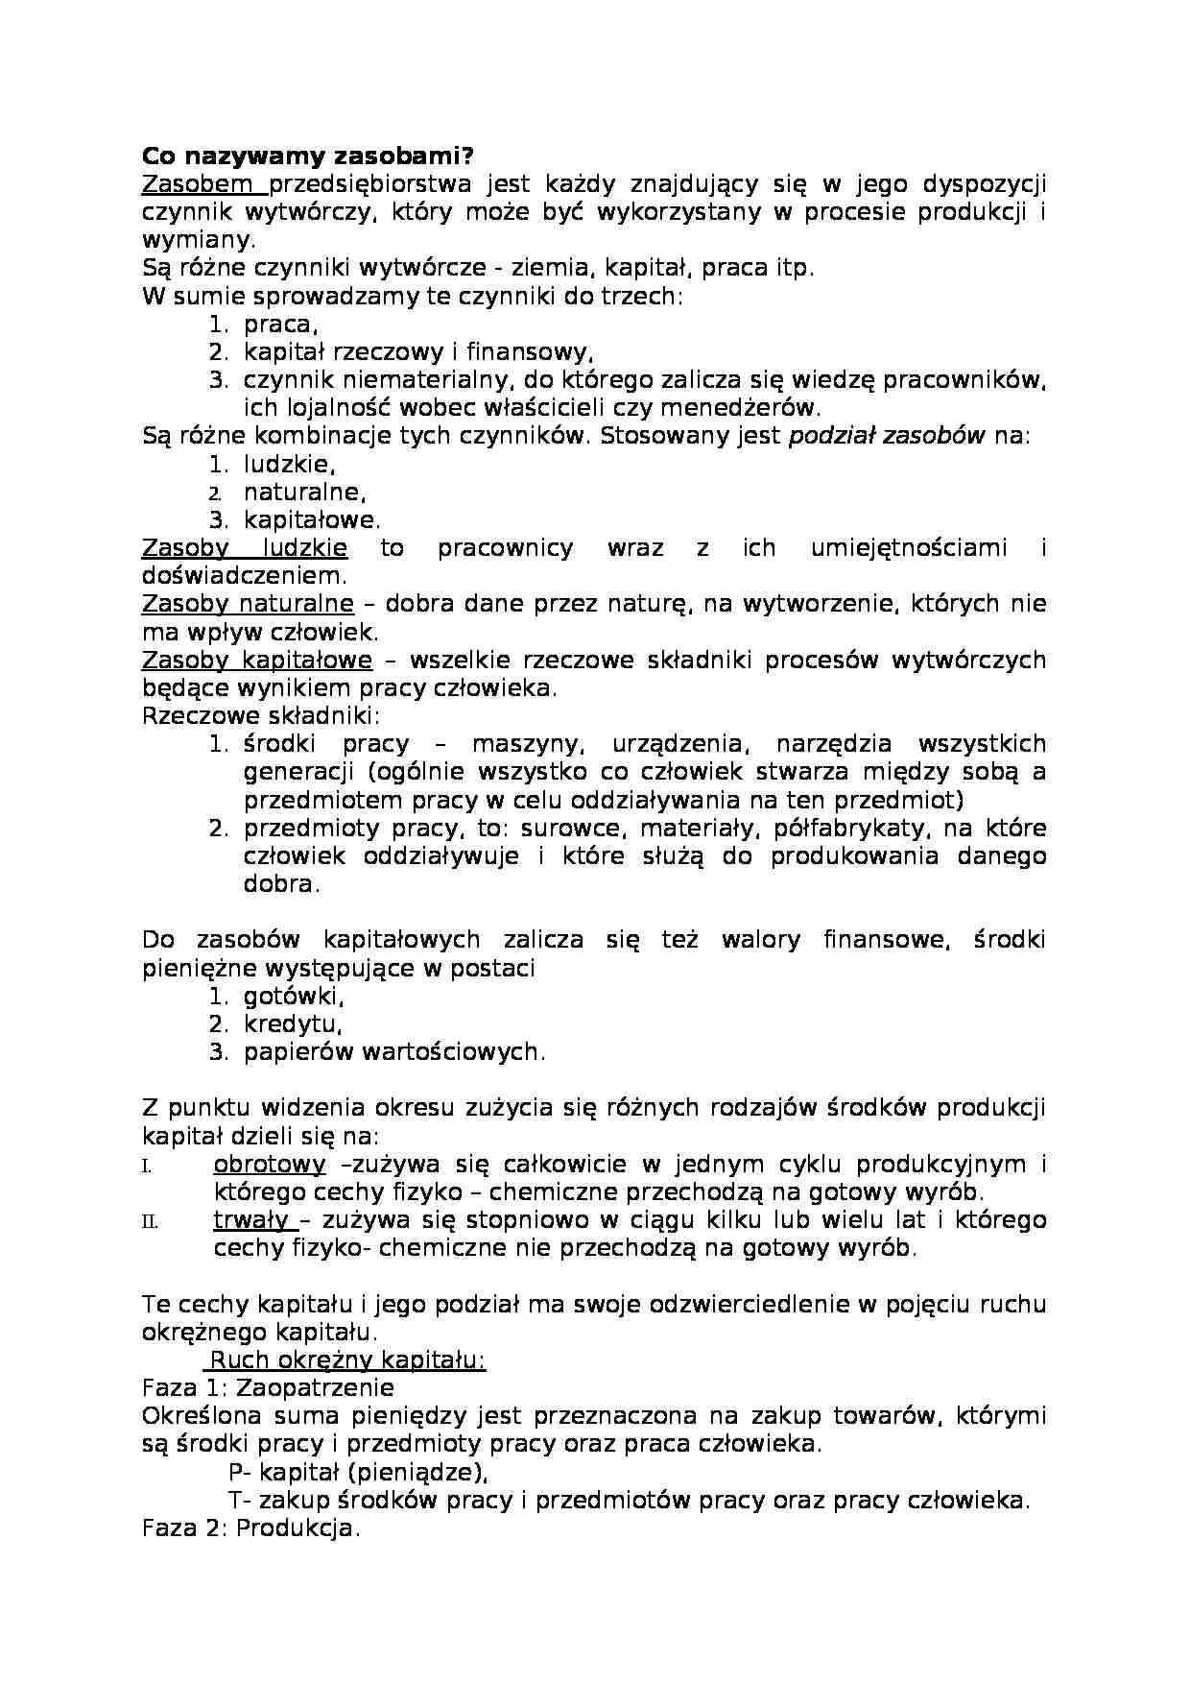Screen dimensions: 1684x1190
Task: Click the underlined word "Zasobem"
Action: coord(198,183)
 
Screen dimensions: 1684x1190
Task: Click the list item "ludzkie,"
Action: coord(289,465)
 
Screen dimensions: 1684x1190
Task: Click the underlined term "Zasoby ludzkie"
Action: coord(244,548)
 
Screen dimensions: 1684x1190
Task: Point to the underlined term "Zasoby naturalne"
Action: coord(248,604)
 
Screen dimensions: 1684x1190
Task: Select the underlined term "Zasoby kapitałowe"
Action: coord(256,661)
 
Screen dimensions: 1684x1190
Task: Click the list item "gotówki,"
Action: coord(293,997)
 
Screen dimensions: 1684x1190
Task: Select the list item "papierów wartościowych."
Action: coord(393,1052)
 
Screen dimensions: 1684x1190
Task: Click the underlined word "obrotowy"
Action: coord(269,1165)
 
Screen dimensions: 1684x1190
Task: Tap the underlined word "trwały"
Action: coord(250,1220)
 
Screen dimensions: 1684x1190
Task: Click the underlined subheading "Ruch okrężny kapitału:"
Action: coord(347,1360)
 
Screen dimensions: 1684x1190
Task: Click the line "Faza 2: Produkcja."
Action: coord(250,1528)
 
